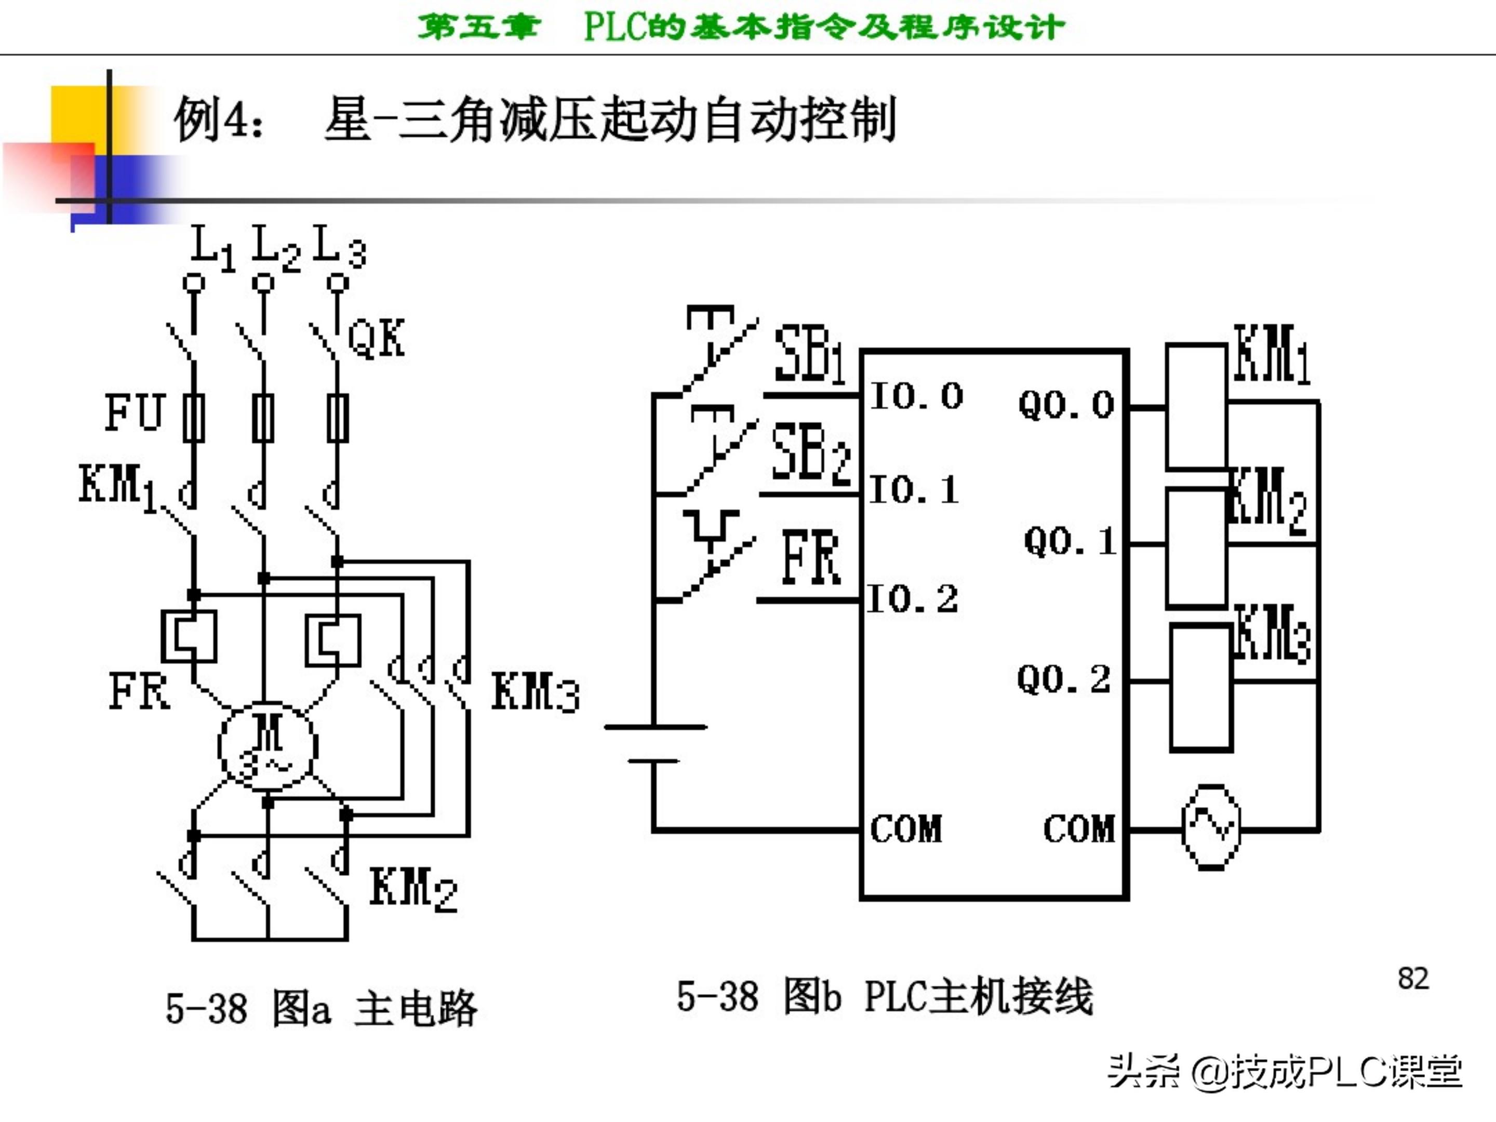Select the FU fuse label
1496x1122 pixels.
(134, 412)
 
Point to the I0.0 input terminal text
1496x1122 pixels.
(917, 396)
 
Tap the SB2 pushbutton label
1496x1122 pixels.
(810, 453)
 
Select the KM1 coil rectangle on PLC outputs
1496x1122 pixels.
(1196, 407)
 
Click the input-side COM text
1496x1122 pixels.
(905, 829)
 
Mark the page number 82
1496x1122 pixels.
(1413, 979)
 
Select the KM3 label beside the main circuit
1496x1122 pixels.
(535, 692)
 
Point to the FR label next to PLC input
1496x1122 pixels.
(810, 558)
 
